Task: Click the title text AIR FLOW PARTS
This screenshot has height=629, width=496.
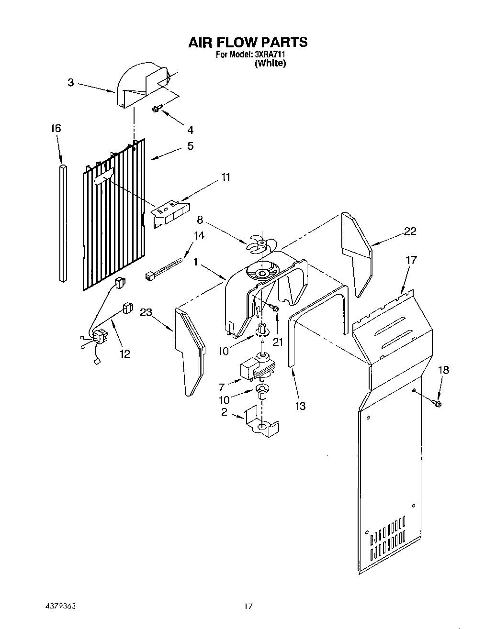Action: click(x=248, y=42)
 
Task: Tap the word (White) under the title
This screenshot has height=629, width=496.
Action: click(x=271, y=63)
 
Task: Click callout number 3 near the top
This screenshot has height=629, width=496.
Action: click(x=71, y=82)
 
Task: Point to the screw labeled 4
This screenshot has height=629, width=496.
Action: click(x=156, y=110)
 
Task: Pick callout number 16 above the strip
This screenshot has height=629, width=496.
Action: click(x=56, y=128)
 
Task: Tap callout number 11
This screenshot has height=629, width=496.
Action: click(x=225, y=177)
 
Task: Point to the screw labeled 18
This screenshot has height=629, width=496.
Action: click(x=437, y=403)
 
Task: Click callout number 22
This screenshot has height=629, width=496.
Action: click(x=410, y=232)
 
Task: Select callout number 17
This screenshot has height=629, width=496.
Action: click(x=411, y=260)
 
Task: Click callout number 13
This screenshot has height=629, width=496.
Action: click(x=300, y=406)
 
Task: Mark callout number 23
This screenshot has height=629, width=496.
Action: click(x=146, y=313)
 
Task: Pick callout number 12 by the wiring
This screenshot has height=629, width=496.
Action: click(x=124, y=353)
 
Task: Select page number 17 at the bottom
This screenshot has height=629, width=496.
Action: click(x=248, y=607)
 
